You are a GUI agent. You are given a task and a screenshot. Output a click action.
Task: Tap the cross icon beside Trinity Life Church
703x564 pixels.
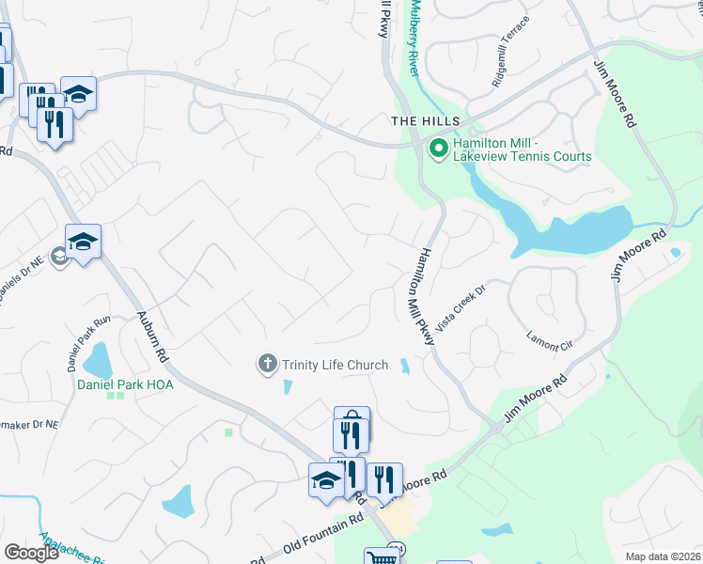(268, 363)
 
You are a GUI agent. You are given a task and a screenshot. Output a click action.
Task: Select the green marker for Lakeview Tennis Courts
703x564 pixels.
(438, 149)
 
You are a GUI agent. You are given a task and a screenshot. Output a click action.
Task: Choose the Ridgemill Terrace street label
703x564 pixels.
(511, 53)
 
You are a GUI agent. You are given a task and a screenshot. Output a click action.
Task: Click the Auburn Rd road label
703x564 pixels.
(150, 337)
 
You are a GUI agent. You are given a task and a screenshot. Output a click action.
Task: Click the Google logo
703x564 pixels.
(31, 553)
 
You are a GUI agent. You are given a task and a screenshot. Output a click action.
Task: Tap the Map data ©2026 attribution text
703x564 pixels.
(663, 556)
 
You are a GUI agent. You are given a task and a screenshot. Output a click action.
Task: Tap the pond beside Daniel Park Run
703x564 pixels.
(98, 358)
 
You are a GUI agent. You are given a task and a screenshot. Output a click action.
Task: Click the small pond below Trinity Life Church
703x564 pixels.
(288, 386)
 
